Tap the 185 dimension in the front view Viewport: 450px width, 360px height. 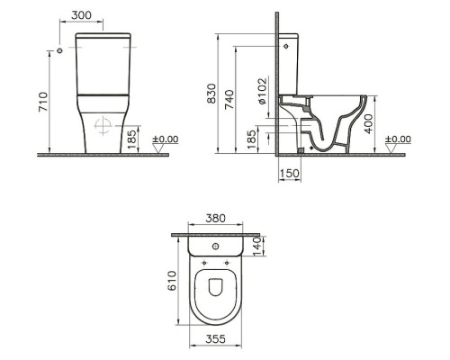point(133,139)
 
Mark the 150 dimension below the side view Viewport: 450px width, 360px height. point(289,175)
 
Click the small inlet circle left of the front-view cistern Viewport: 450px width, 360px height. point(58,51)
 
